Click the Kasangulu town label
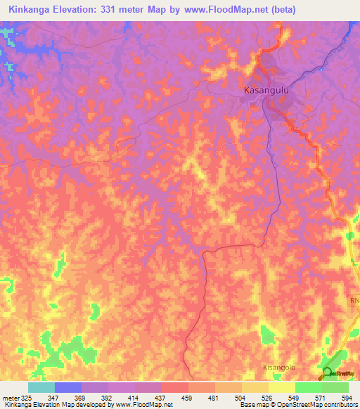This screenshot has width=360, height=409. [x=266, y=91]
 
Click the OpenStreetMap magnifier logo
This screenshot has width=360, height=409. [x=328, y=372]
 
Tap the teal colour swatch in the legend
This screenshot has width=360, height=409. [x=41, y=387]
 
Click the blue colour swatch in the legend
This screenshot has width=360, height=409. [x=67, y=387]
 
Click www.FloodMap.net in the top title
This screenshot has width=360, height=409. [x=224, y=10]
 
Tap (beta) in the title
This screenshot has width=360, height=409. [x=281, y=10]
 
